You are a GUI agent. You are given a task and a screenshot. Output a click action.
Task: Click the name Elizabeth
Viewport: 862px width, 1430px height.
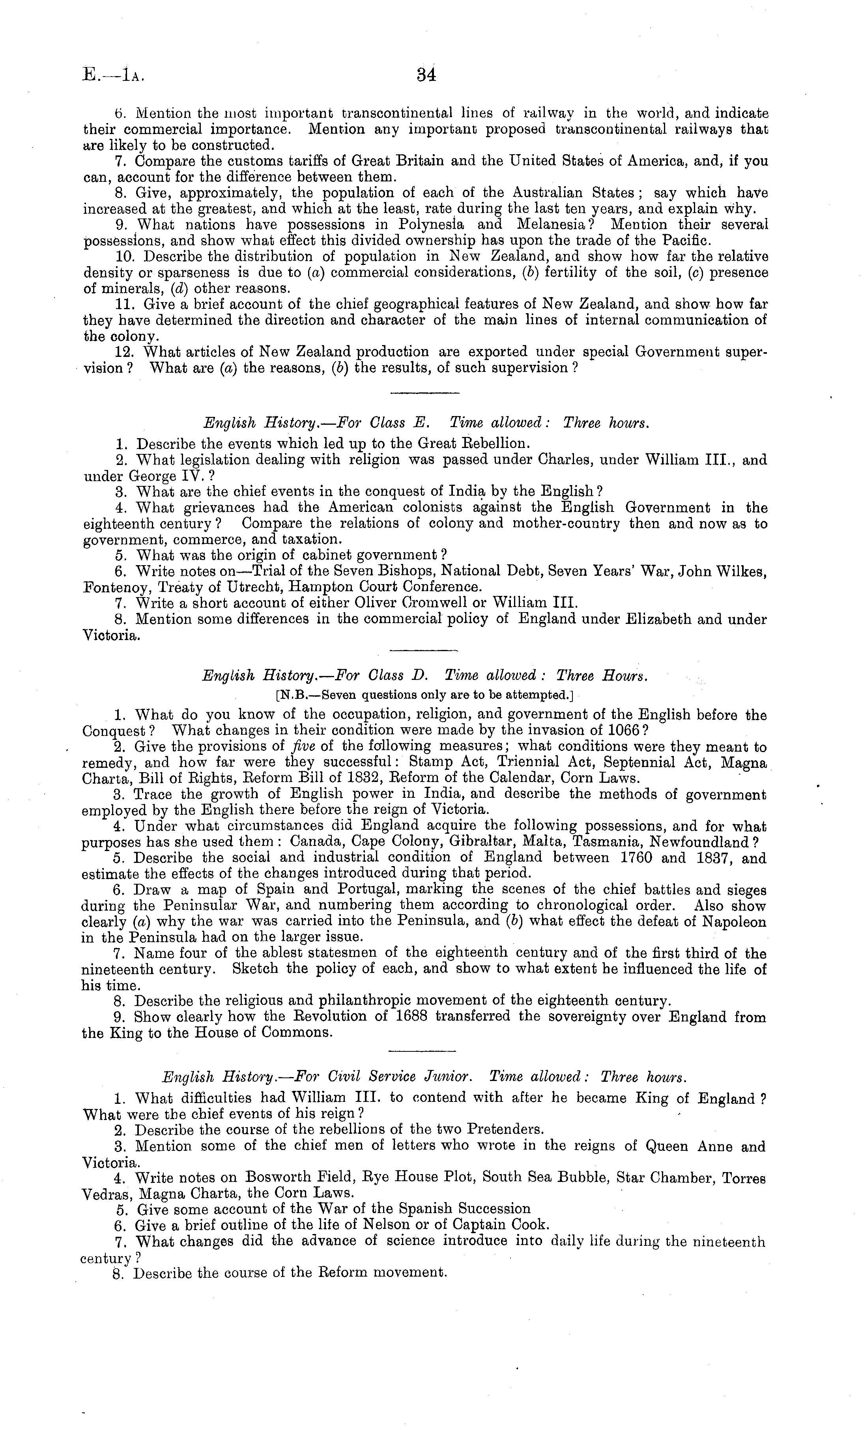coord(658,619)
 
